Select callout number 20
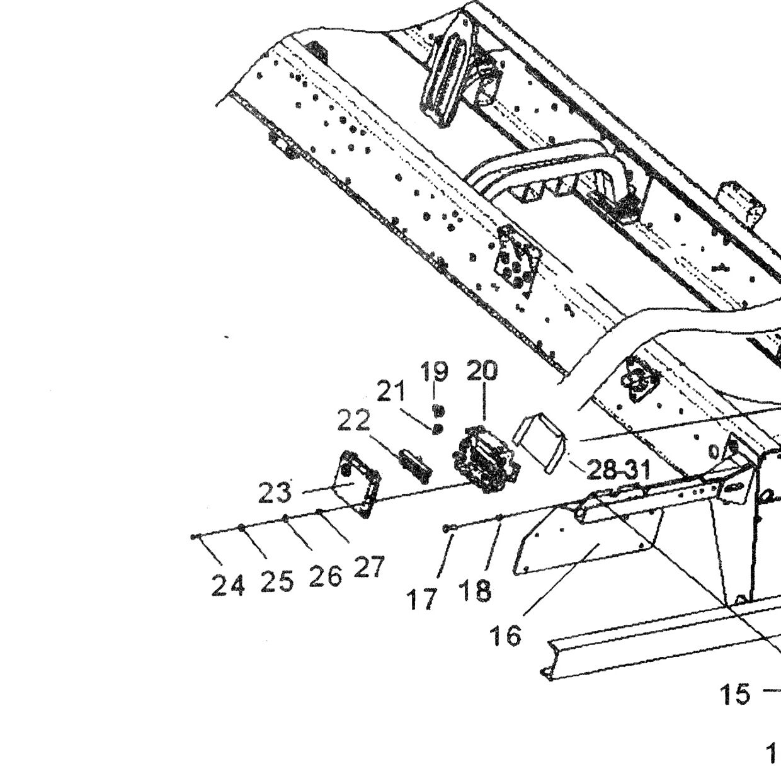pyautogui.click(x=482, y=370)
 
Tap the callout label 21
pyautogui.click(x=391, y=391)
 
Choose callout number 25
pyautogui.click(x=277, y=582)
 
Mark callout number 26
pyautogui.click(x=325, y=577)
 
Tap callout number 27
pyautogui.click(x=368, y=567)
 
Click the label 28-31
pyautogui.click(x=619, y=470)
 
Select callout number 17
pyautogui.click(x=423, y=600)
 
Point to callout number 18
pyautogui.click(x=476, y=591)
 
